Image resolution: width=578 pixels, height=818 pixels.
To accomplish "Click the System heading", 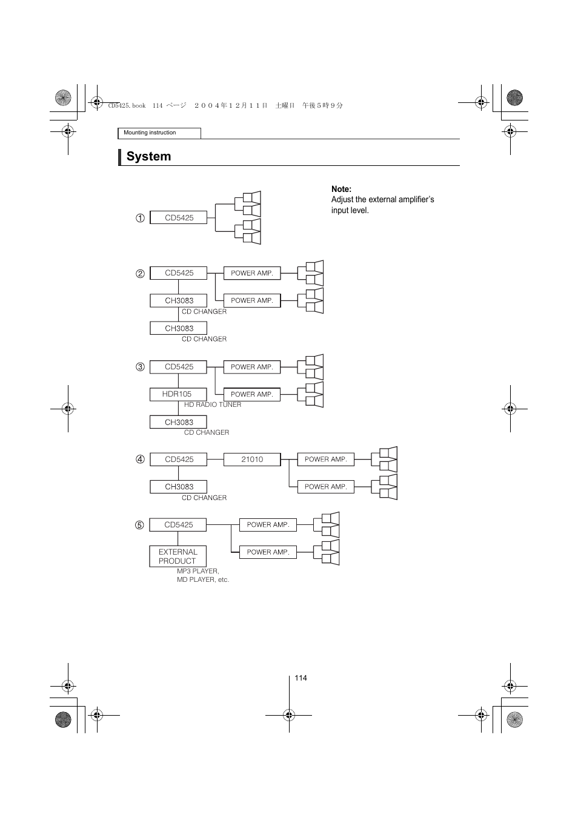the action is coord(148,156).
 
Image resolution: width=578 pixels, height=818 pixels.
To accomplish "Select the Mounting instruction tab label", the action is coord(150,133).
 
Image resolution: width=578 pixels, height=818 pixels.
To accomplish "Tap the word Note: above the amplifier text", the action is coord(341,189).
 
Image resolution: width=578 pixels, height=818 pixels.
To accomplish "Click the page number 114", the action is coord(301,678).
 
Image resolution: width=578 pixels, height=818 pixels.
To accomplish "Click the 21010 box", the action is coord(252,460).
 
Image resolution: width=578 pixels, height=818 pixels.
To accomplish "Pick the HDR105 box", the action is coord(178,394).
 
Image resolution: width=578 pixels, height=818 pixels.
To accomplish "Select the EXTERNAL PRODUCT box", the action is coord(178,556).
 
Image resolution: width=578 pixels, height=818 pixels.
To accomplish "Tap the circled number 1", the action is coord(140,218).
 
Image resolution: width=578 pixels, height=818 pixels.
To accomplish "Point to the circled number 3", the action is coord(140,367).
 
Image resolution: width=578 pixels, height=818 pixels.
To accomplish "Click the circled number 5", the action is coord(139,525).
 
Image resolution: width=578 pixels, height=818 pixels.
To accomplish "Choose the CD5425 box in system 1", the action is coord(179,218).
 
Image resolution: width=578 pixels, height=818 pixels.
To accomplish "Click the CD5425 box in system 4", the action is coord(179,460).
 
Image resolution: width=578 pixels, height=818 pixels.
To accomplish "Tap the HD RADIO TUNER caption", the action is coord(212,404).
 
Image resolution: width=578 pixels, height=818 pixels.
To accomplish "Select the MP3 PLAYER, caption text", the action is coord(198,571).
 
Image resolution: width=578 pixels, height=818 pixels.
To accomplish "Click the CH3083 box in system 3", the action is coord(179,422).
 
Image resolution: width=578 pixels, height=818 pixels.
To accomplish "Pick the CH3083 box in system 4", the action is coord(179,487).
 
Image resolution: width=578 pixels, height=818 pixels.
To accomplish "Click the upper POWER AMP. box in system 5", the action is coord(268,525).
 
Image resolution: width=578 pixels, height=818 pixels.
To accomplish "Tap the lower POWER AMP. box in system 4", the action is coord(325,487).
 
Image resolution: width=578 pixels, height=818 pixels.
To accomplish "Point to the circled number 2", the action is coord(140,273).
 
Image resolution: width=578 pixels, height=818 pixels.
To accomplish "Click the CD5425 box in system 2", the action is coord(179,273).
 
